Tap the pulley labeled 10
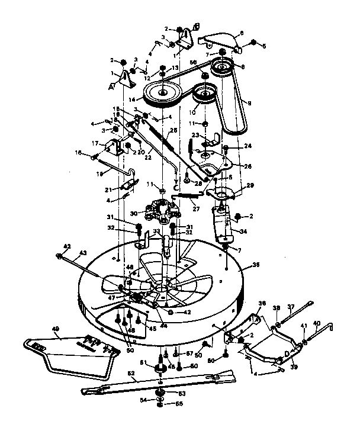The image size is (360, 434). click(x=204, y=95)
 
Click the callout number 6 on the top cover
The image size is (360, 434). click(x=241, y=34)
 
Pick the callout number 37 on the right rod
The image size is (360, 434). click(x=290, y=306)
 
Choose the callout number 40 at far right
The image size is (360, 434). click(x=316, y=323)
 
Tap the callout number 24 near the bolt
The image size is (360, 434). click(x=248, y=145)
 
